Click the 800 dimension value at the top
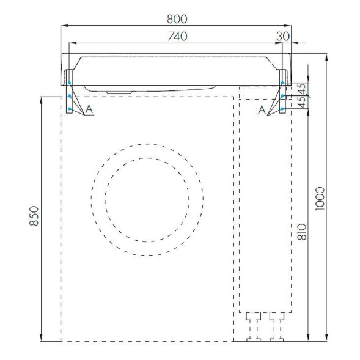pyautogui.click(x=177, y=19)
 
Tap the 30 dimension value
pyautogui.click(x=282, y=37)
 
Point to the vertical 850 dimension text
pyautogui.click(x=35, y=218)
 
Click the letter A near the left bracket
pyautogui.click(x=89, y=109)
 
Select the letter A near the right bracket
pyautogui.click(x=262, y=109)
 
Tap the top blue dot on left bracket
pyautogui.click(x=70, y=83)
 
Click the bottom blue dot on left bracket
pyautogui.click(x=70, y=109)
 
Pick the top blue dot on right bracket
pyautogui.click(x=282, y=83)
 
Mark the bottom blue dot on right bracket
pyautogui.click(x=282, y=109)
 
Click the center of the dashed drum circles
pyautogui.click(x=147, y=200)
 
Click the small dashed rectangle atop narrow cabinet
pyautogui.click(x=259, y=93)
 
